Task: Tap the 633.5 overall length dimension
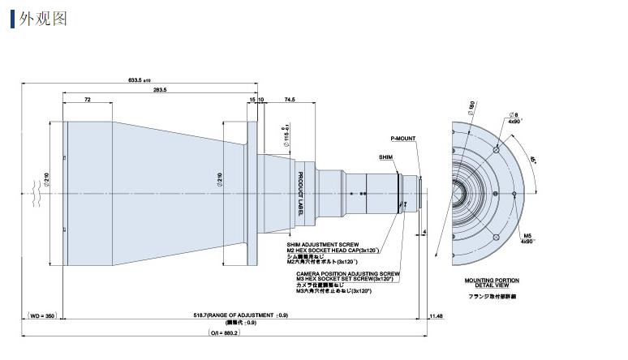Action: pyautogui.click(x=140, y=80)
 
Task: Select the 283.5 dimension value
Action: pyautogui.click(x=159, y=89)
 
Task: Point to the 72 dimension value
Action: pyautogui.click(x=87, y=99)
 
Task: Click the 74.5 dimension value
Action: pyautogui.click(x=290, y=99)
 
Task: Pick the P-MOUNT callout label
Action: pyautogui.click(x=402, y=139)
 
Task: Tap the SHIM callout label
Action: pyautogui.click(x=385, y=155)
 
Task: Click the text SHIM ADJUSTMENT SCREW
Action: pyautogui.click(x=321, y=243)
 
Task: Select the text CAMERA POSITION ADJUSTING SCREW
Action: pyautogui.click(x=347, y=273)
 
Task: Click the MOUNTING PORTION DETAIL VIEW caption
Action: pyautogui.click(x=492, y=283)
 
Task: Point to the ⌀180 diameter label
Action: pyautogui.click(x=471, y=106)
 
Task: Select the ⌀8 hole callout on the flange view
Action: pyautogui.click(x=513, y=115)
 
